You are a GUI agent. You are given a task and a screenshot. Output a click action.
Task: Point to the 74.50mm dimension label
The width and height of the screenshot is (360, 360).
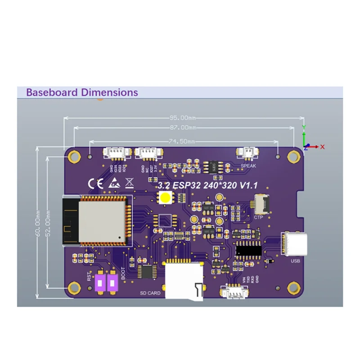pos(182,141)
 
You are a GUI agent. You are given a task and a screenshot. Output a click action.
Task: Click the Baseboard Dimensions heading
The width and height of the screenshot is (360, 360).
pos(82,93)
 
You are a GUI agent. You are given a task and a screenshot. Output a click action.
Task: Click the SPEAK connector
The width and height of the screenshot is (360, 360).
pos(248,153)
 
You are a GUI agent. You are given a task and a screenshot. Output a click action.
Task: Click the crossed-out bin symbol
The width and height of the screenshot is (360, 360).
pos(129,183)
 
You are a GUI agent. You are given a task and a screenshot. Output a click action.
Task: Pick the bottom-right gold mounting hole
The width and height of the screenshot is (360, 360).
pos(294,287)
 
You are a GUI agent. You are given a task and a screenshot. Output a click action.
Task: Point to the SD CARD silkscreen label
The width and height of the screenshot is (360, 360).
pos(150,293)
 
